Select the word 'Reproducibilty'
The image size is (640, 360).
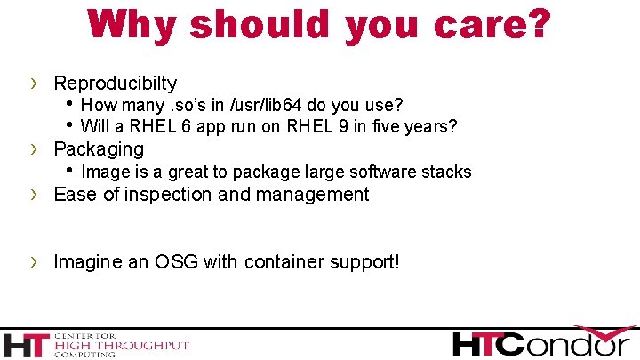click(116, 84)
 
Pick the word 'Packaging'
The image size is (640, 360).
click(99, 148)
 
